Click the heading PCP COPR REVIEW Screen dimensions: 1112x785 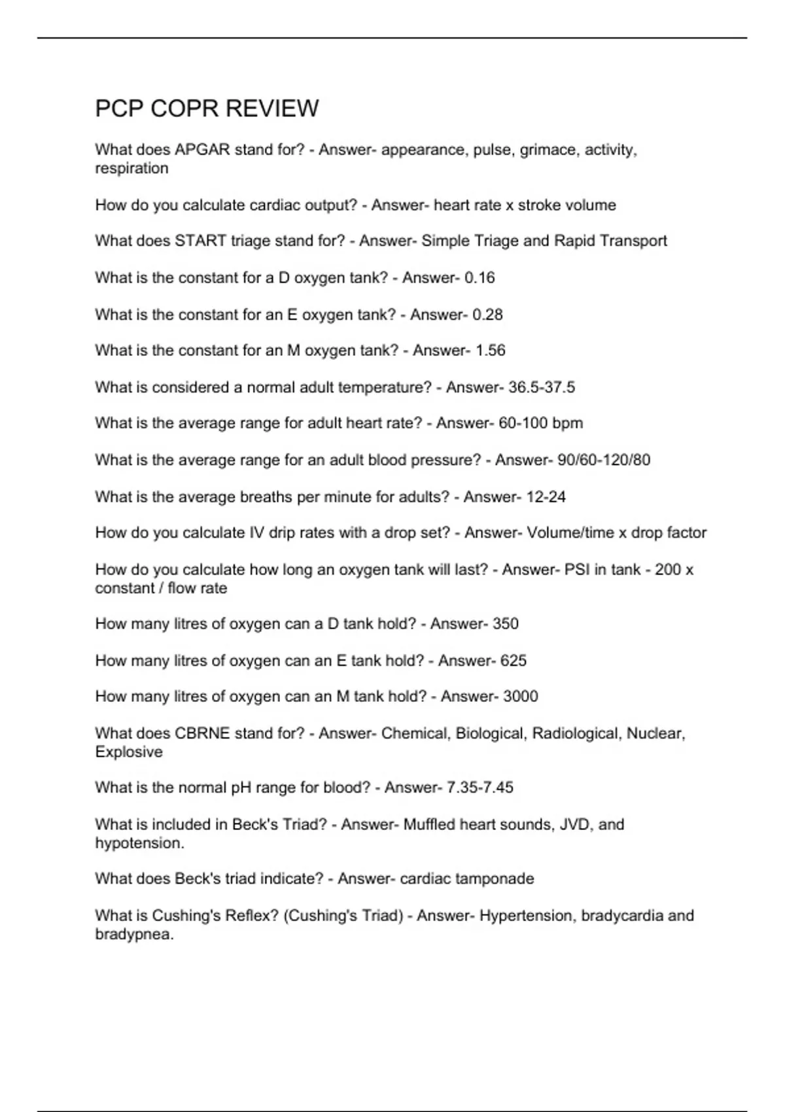(207, 109)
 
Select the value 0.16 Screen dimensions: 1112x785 (480, 278)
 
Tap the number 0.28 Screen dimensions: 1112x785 (487, 315)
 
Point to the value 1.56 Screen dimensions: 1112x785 (490, 351)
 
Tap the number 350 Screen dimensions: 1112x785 (506, 624)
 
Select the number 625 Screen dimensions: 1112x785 (514, 661)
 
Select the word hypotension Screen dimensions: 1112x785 (138, 843)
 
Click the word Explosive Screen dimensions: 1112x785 (129, 752)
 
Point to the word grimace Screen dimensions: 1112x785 (548, 150)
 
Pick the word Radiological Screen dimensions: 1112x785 (575, 733)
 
